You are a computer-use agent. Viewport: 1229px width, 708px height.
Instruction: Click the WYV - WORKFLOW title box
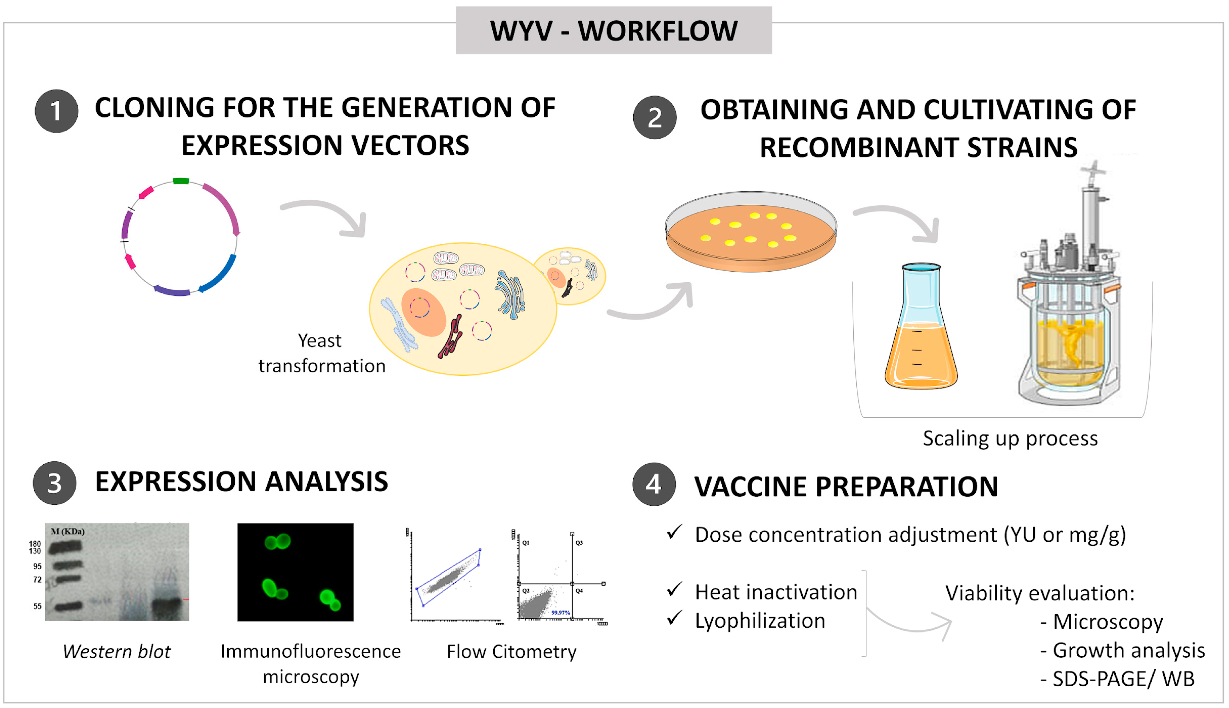point(614,30)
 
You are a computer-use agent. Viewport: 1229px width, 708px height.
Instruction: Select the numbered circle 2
point(654,117)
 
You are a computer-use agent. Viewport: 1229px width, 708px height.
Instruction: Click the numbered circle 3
point(54,483)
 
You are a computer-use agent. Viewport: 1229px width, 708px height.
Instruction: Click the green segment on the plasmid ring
point(181,181)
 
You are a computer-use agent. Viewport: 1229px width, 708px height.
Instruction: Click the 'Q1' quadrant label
point(526,543)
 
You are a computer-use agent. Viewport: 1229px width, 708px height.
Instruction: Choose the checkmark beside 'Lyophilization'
point(674,618)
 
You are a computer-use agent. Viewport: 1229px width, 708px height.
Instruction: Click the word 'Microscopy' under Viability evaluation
point(1108,622)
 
